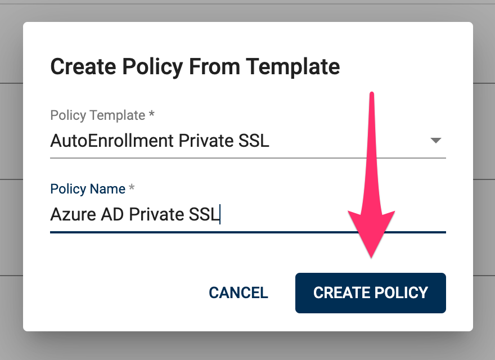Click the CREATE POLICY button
pos(370,292)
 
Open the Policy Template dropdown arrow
pos(435,141)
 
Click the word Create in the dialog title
pos(83,66)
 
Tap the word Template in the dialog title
pos(292,67)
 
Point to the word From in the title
pos(214,66)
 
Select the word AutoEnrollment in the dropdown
pos(112,141)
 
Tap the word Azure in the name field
pos(73,214)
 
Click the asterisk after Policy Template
pos(151,114)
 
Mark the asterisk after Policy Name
pos(132,187)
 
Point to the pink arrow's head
pos(371,233)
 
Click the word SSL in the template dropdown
pos(254,141)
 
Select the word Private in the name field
pos(156,214)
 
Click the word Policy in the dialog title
pos(153,67)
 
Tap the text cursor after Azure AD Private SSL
pos(220,214)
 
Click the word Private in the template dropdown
pos(206,141)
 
